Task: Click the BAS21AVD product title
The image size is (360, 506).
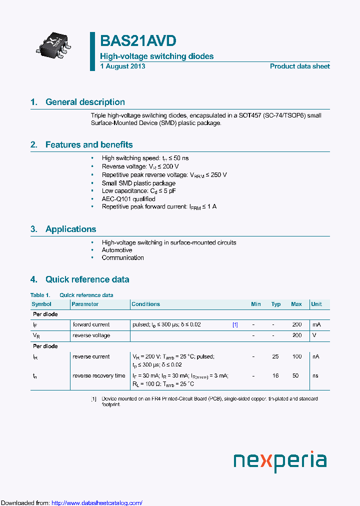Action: coord(138,41)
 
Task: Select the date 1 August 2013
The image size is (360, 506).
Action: coord(122,66)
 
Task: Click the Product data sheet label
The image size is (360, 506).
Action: coord(299,66)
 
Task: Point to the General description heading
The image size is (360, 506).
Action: coord(85,102)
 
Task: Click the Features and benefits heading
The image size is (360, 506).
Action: coord(88,144)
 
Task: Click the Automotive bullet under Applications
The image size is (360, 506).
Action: coord(117,250)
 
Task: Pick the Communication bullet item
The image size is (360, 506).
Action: coord(122,258)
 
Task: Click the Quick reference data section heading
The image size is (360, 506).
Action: coord(87,279)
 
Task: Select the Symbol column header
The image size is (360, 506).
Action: coord(41,304)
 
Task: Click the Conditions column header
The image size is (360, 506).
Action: coord(145,304)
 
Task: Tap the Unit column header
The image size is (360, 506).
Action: coord(316,304)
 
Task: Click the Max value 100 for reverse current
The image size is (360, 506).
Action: coord(297,356)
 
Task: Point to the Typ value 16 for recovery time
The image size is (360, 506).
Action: coord(275,375)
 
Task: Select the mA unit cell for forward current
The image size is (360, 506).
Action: coord(316,324)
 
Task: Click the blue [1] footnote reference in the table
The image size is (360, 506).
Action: coord(235,324)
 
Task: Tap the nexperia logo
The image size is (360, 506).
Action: coord(280,460)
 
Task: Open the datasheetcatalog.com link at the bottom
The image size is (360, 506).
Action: coord(97,502)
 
